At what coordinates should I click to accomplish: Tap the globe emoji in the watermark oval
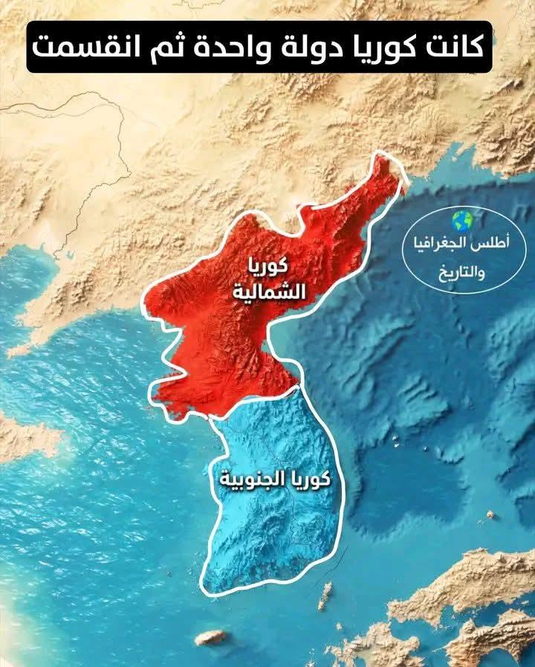tap(462, 221)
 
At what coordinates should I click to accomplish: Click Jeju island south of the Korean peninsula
tap(210, 637)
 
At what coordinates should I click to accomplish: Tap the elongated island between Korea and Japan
tap(325, 595)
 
